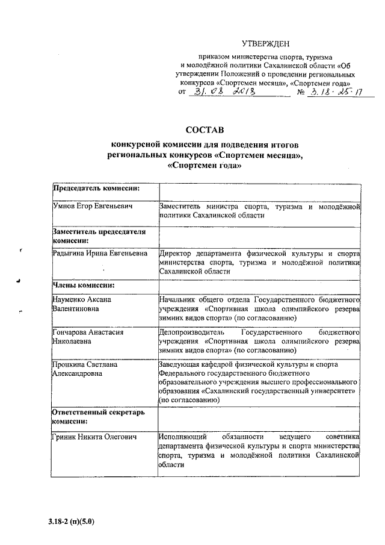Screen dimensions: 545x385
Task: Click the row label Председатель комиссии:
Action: click(x=97, y=188)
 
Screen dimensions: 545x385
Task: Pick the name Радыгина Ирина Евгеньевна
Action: click(x=100, y=254)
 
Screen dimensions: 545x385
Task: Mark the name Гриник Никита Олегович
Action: click(x=91, y=436)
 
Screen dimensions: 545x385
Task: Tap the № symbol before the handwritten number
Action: click(x=302, y=93)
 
